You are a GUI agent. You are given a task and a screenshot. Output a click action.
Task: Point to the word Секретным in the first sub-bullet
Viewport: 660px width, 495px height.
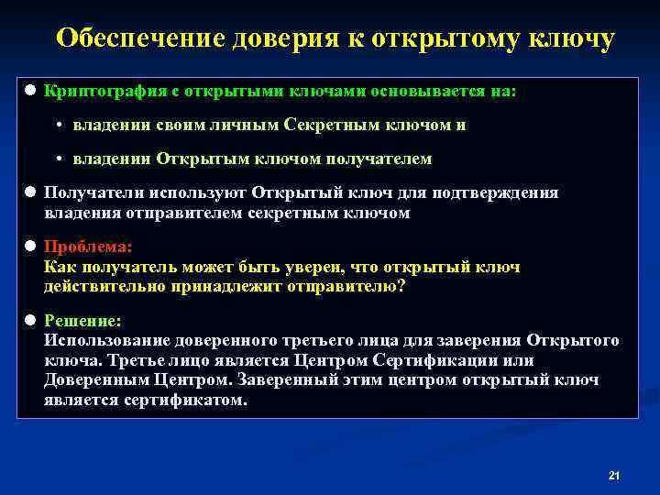coord(330,125)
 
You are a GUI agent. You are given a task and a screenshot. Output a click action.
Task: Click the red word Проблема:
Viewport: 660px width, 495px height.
coord(88,247)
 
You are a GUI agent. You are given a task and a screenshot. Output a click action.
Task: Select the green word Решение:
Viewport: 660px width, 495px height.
coord(82,321)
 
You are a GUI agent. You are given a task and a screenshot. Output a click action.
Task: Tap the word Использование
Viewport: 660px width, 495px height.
coord(105,341)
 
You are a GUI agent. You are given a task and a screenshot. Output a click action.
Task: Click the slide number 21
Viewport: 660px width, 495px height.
coord(614,475)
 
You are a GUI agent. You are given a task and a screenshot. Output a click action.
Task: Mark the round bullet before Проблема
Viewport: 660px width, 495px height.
coord(30,247)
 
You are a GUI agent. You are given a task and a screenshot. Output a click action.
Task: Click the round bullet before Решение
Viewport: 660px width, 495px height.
coord(30,321)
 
